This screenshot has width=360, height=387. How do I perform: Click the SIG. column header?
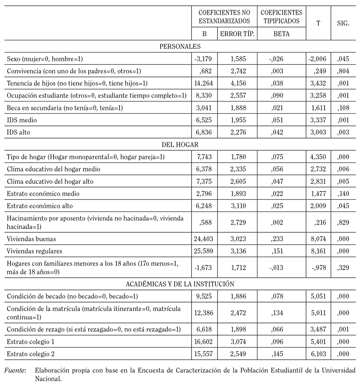pyautogui.click(x=343, y=23)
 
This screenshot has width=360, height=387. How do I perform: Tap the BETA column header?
pyautogui.click(x=282, y=34)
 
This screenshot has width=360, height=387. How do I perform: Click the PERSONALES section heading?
pyautogui.click(x=180, y=46)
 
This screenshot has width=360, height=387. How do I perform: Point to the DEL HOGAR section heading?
pyautogui.click(x=180, y=145)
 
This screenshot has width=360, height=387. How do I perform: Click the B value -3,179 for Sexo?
pyautogui.click(x=204, y=59)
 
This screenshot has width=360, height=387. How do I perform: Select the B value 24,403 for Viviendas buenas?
pyautogui.click(x=204, y=238)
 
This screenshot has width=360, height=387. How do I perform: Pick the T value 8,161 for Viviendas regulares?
pyautogui.click(x=318, y=251)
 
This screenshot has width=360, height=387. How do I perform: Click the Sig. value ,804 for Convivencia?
pyautogui.click(x=343, y=71)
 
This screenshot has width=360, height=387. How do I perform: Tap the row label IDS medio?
pyautogui.click(x=22, y=120)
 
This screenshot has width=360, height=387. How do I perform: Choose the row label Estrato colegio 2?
pyautogui.click(x=31, y=354)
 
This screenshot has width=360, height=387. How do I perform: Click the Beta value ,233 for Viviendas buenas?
pyautogui.click(x=282, y=238)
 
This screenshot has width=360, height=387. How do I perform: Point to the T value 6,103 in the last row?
pyautogui.click(x=318, y=354)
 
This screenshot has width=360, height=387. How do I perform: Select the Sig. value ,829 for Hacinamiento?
pyautogui.click(x=343, y=223)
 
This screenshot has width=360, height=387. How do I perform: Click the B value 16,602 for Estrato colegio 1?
pyautogui.click(x=204, y=341)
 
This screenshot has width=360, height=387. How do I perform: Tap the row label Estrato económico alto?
pyautogui.click(x=43, y=206)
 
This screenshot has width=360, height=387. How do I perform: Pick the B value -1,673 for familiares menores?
pyautogui.click(x=204, y=268)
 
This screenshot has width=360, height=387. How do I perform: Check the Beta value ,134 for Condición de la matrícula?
pyautogui.click(x=282, y=313)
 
